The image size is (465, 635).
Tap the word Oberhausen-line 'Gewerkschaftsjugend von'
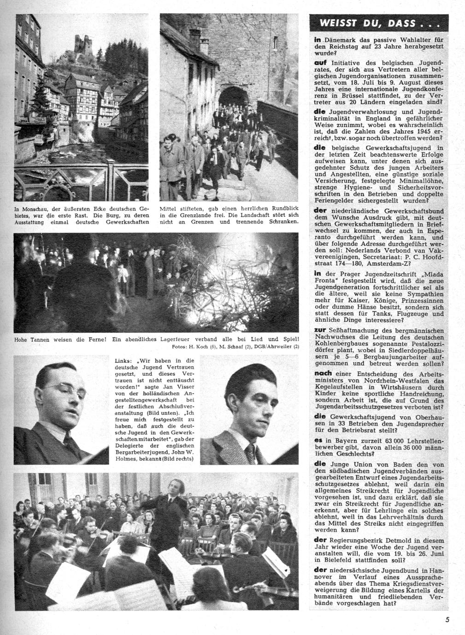click(374, 417)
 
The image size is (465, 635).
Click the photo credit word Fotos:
click(179, 347)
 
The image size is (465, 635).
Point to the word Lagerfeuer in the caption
click(177, 339)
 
